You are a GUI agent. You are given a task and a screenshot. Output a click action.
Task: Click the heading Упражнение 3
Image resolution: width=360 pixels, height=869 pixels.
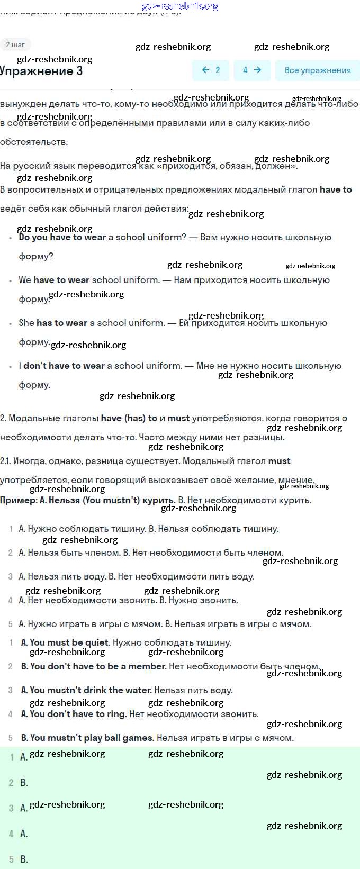tap(41, 71)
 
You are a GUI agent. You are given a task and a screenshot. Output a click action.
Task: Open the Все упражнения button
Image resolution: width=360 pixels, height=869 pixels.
tap(317, 70)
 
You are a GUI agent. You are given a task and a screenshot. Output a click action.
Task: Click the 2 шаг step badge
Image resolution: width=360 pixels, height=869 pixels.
tap(15, 44)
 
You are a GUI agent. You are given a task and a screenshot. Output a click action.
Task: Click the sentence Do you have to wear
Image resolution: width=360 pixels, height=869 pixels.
tap(62, 238)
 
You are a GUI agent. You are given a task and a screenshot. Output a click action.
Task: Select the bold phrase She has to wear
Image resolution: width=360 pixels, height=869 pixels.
tap(53, 323)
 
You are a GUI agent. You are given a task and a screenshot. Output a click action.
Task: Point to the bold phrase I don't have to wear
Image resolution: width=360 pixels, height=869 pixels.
tap(61, 366)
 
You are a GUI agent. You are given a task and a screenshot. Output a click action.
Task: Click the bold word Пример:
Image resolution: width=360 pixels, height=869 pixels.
tap(19, 500)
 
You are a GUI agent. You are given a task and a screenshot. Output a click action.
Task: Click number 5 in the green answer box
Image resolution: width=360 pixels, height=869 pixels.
tap(11, 859)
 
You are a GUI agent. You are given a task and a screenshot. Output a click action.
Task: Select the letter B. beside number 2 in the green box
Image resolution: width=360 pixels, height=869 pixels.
tap(24, 783)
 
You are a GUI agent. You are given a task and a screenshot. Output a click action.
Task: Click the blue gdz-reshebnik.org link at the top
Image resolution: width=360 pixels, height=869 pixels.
tap(180, 6)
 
